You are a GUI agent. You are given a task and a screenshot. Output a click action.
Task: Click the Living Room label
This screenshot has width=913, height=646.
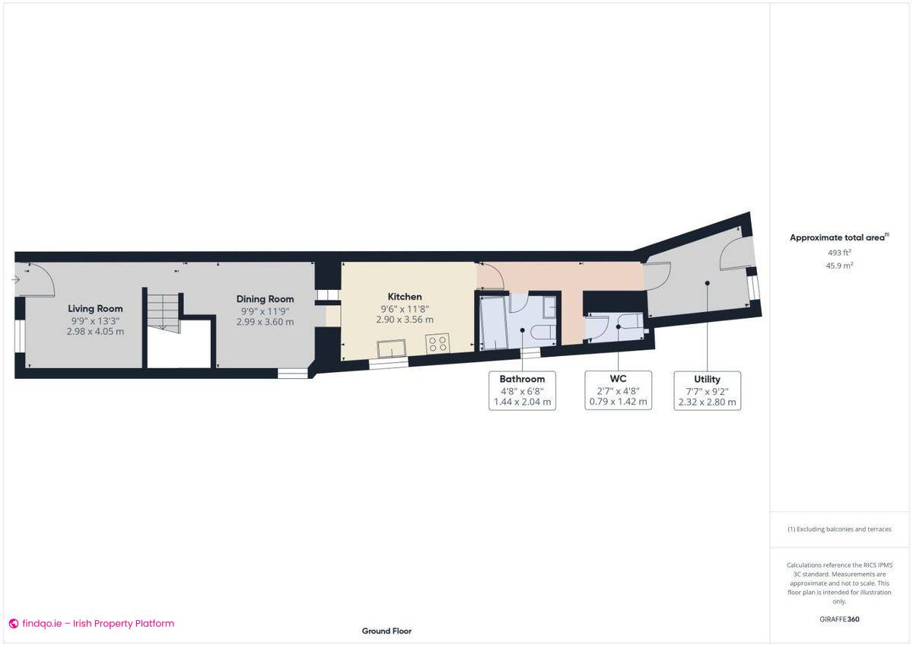pos(95,308)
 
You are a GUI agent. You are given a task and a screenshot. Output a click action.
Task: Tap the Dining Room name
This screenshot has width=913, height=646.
pos(265,299)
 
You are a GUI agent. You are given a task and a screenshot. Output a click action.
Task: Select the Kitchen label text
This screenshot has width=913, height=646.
pos(405,297)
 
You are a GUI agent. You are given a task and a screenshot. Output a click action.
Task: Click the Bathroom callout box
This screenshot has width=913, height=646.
pos(522,390)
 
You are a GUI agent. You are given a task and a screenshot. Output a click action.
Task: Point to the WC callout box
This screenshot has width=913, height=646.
pos(618,390)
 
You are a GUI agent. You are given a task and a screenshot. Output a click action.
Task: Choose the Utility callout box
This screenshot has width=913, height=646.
pos(707,390)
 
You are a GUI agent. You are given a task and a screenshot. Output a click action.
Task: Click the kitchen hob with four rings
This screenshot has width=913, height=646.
pos(437,343)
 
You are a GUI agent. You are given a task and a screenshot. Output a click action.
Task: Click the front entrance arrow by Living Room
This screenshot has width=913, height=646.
pos(17,280)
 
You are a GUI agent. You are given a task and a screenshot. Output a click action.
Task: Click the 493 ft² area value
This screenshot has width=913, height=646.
pos(838,253)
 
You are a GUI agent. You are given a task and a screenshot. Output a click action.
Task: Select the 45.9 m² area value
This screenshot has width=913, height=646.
pos(838,266)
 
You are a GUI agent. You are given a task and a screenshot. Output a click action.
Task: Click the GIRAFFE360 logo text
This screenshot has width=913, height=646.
pos(838,619)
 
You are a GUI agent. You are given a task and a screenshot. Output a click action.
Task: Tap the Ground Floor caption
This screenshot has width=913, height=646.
pos(387,631)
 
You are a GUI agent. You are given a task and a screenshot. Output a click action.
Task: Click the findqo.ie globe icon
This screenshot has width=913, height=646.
pos(13,624)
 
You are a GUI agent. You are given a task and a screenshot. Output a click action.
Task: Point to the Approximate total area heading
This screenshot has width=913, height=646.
pos(838,237)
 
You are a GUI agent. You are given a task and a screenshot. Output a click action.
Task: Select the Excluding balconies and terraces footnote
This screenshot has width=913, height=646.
pos(838,529)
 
